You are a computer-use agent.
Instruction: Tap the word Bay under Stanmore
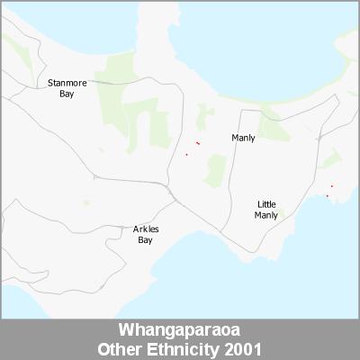click(x=67, y=93)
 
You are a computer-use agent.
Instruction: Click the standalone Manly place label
click(x=243, y=138)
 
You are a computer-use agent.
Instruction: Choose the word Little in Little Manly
click(x=266, y=204)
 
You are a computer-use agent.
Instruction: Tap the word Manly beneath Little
click(x=266, y=215)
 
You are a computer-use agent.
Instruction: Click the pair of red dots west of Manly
click(x=197, y=142)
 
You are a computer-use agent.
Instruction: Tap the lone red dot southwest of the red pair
click(x=186, y=155)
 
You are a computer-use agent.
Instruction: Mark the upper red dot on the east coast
click(x=332, y=186)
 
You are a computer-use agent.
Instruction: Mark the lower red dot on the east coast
click(x=327, y=195)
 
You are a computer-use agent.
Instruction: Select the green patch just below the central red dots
click(x=215, y=168)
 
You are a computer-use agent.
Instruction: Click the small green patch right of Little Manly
click(x=282, y=214)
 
